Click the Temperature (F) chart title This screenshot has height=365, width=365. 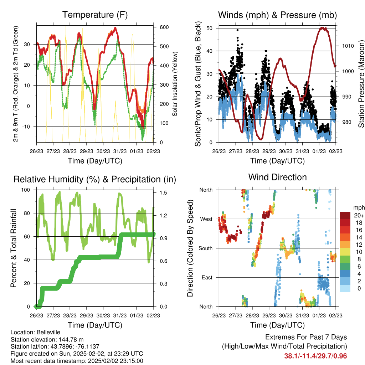coord(95,15)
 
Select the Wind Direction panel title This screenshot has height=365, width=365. coord(277,177)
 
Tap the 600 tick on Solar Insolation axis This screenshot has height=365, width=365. coord(164,27)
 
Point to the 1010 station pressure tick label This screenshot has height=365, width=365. coord(348,46)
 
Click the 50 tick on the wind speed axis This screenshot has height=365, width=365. coord(210,28)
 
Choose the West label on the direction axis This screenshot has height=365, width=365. coord(206,219)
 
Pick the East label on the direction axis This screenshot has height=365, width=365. coord(207,277)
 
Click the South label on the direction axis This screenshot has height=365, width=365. coord(206,248)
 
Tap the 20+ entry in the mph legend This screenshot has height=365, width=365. coord(359,216)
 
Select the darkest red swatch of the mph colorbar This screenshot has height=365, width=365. coord(345,215)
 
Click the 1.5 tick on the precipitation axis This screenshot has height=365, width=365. coord(163,192)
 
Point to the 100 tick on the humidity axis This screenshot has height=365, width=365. coord(26,190)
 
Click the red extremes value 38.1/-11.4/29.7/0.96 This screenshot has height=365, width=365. coord(315,356)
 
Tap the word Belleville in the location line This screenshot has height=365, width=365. coord(48,332)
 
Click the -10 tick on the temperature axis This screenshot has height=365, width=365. coord(26,127)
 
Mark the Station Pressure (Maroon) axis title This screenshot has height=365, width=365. coord(361,84)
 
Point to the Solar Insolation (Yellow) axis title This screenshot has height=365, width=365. coord(175,84)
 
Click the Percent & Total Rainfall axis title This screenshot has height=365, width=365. coord(14,248)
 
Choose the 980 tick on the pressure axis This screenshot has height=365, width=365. coord(346,122)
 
